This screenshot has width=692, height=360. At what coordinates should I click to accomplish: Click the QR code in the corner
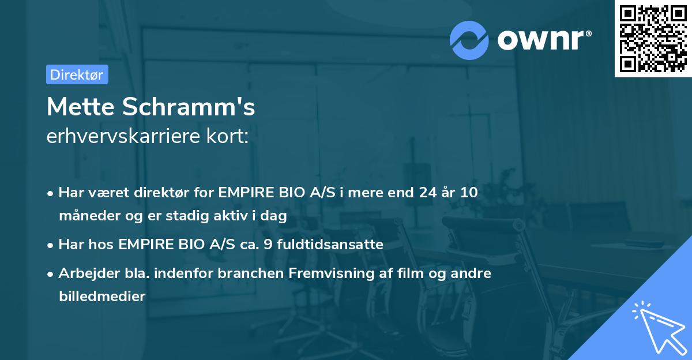click(x=653, y=39)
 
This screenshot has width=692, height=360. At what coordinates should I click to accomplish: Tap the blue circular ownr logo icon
click(x=469, y=40)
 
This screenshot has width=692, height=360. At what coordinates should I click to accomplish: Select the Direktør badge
click(x=77, y=74)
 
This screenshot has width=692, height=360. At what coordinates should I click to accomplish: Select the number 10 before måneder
click(x=469, y=193)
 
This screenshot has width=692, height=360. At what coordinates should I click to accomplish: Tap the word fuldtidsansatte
click(x=330, y=245)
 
